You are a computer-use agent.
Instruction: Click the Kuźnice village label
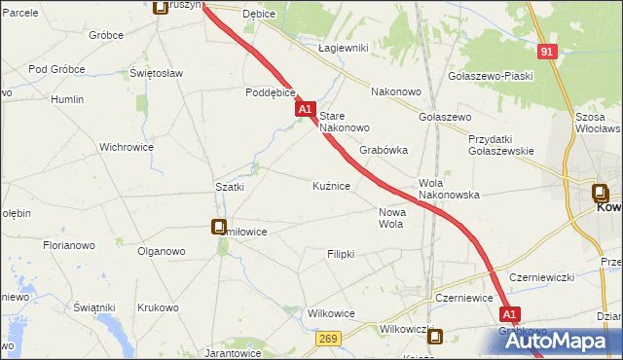(x=331, y=185)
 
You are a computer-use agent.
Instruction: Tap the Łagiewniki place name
(x=342, y=48)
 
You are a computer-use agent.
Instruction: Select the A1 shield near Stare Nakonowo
(x=306, y=112)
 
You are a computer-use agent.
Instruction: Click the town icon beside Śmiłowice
(x=219, y=227)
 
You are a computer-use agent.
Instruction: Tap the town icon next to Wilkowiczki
(x=435, y=337)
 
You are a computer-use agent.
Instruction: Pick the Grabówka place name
(x=383, y=151)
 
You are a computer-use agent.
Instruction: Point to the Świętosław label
(x=157, y=73)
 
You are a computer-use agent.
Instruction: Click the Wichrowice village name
(x=127, y=148)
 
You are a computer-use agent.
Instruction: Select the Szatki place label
(x=229, y=186)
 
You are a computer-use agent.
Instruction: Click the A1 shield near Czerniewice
(x=510, y=314)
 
